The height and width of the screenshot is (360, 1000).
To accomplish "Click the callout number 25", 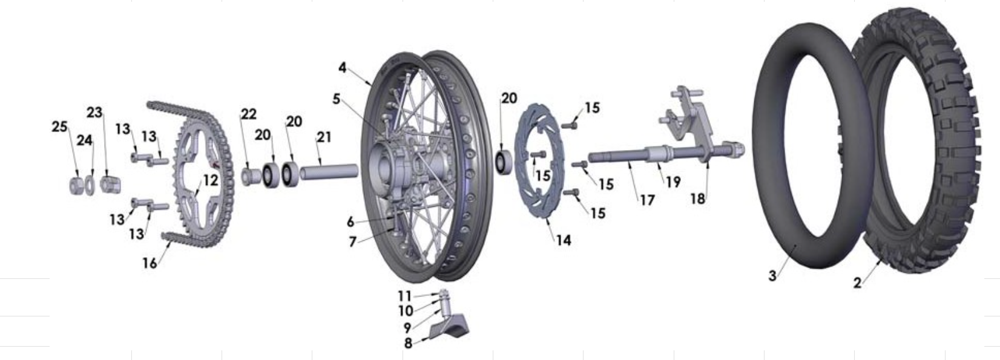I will (59, 127).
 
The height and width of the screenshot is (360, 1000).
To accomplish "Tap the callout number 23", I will (94, 113).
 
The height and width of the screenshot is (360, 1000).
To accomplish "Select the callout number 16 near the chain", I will (150, 263).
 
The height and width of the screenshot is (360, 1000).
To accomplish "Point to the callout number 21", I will (324, 137).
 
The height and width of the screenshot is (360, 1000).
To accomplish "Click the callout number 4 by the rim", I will (343, 68).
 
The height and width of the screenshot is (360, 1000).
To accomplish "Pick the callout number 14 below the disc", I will (563, 240).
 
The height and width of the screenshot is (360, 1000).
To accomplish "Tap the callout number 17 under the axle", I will (647, 200).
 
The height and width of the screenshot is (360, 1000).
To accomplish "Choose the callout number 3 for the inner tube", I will (772, 276).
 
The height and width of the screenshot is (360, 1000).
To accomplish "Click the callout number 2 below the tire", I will (857, 283).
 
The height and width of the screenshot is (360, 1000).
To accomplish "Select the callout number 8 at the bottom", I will (408, 342).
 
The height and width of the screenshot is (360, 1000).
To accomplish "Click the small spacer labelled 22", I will (249, 176).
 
